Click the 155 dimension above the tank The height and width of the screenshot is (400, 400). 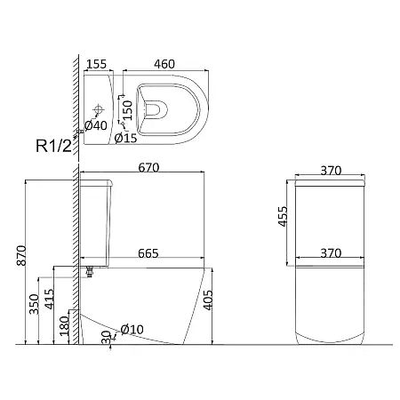[96, 64]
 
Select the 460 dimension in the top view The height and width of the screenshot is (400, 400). [164, 64]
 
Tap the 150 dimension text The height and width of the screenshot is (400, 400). [127, 110]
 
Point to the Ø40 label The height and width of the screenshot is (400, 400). [96, 125]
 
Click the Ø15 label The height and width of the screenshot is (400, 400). [125, 138]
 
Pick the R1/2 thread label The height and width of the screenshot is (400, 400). [54, 146]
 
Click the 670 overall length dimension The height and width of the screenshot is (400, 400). [148, 168]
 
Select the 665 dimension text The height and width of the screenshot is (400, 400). [148, 253]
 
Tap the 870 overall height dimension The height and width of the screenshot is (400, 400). [21, 255]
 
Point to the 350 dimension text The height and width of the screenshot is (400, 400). [35, 304]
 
